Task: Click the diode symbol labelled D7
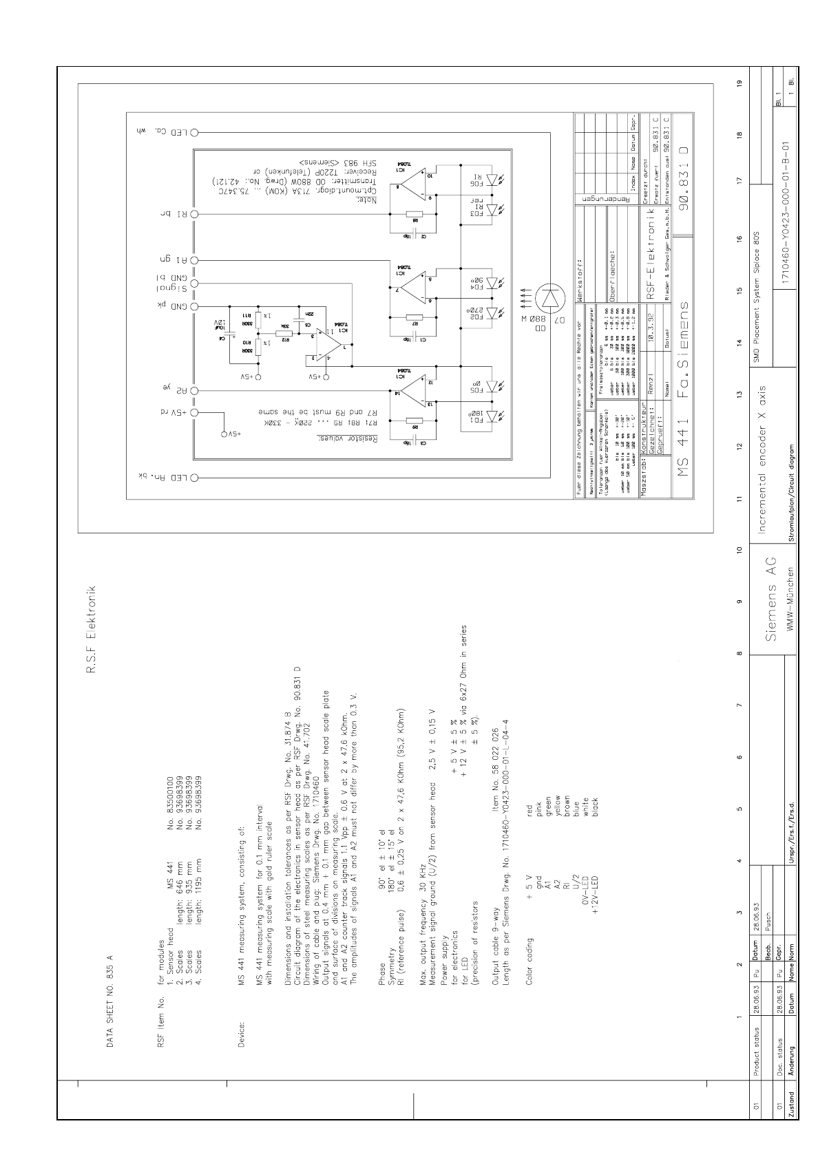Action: pyautogui.click(x=552, y=299)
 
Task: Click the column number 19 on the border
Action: pyautogui.click(x=739, y=84)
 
